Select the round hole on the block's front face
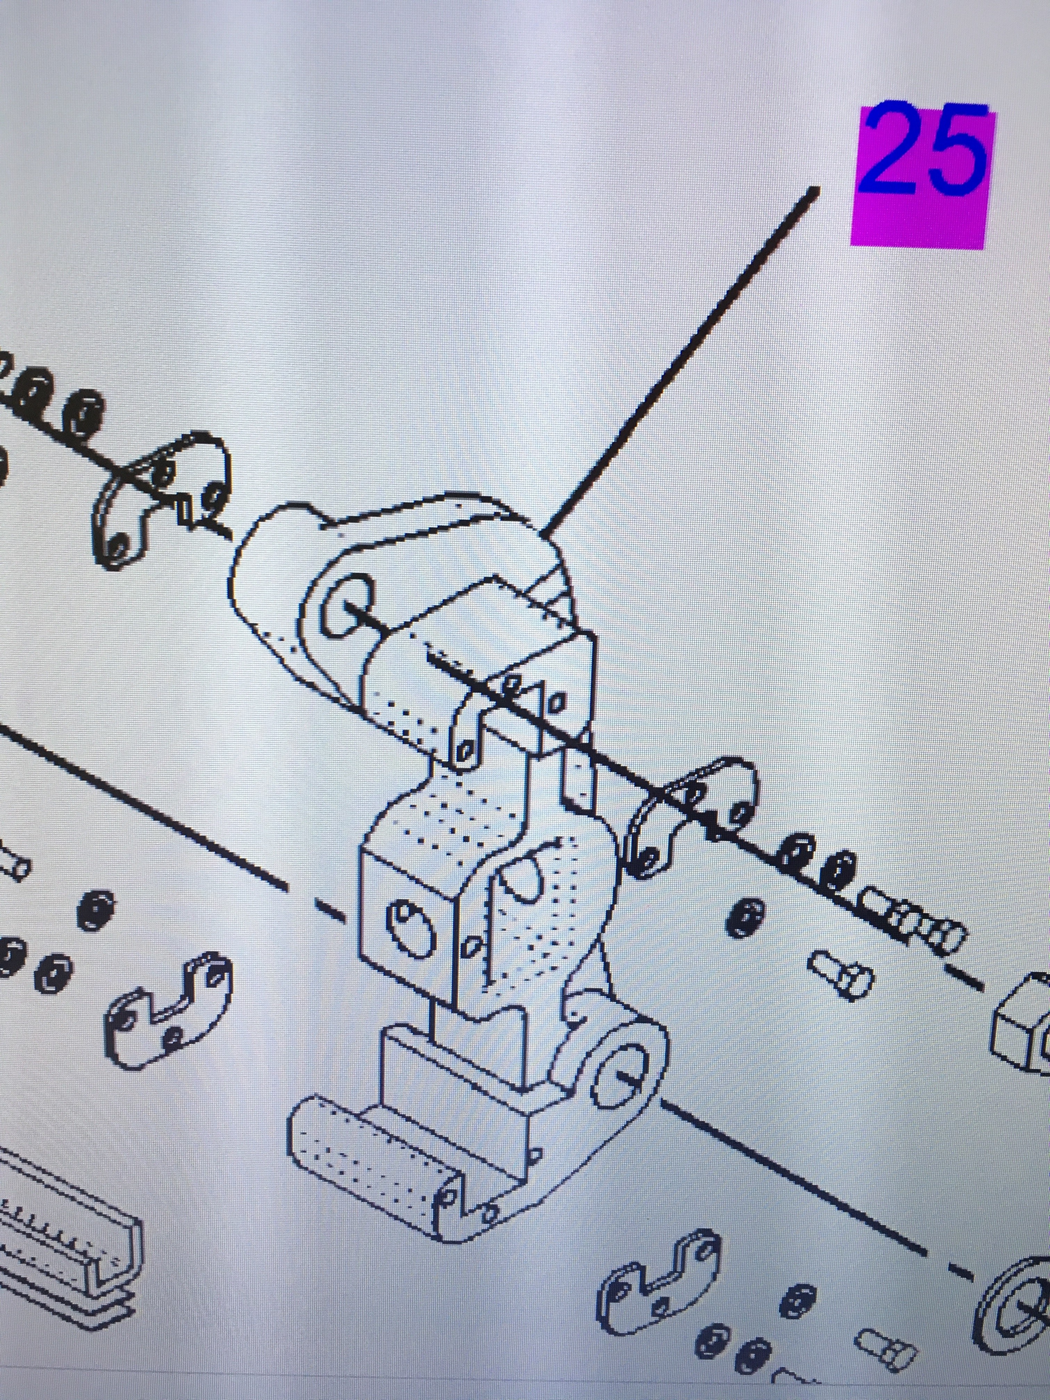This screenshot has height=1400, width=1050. (412, 927)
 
